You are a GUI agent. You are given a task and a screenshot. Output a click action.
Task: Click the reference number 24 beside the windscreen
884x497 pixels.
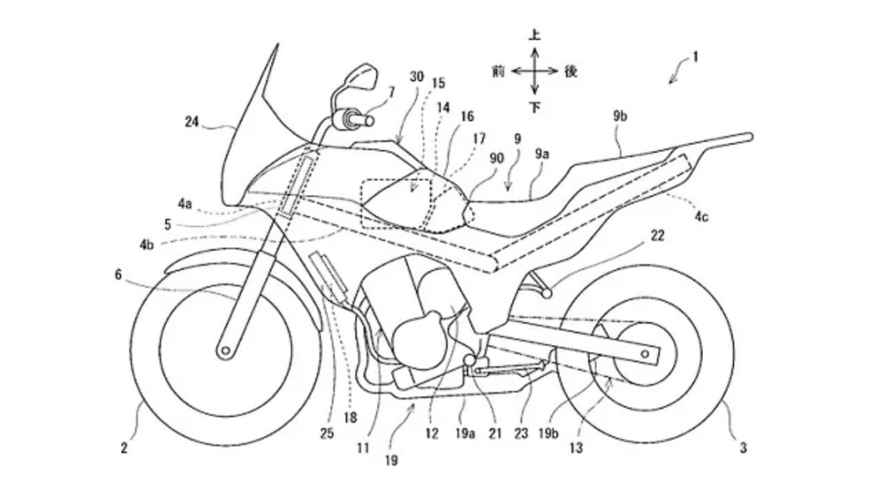pyautogui.click(x=192, y=122)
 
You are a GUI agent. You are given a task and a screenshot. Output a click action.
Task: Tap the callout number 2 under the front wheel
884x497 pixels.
pyautogui.click(x=124, y=447)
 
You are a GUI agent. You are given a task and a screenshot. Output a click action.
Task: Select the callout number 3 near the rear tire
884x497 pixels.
pyautogui.click(x=743, y=447)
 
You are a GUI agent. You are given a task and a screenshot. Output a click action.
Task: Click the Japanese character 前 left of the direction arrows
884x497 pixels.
pyautogui.click(x=498, y=72)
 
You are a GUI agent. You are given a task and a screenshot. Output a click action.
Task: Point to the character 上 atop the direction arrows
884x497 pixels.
pyautogui.click(x=534, y=35)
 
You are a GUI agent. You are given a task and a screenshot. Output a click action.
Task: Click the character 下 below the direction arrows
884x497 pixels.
pyautogui.click(x=534, y=107)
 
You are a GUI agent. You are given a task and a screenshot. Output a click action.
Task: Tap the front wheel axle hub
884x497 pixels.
pyautogui.click(x=225, y=349)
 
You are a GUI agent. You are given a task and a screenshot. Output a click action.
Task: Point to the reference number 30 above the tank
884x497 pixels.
pyautogui.click(x=416, y=77)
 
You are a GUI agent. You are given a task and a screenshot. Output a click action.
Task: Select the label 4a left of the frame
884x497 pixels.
pyautogui.click(x=185, y=204)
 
